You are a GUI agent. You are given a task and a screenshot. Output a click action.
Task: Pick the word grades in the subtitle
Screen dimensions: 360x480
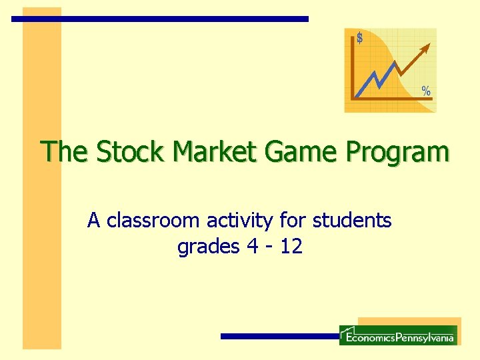click(x=208, y=247)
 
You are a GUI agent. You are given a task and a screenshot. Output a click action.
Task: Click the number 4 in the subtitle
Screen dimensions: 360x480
click(x=252, y=247)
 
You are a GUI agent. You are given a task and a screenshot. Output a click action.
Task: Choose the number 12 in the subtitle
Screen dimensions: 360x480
click(x=291, y=247)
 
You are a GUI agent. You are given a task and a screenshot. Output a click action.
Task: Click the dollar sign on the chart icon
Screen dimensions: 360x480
click(x=360, y=39)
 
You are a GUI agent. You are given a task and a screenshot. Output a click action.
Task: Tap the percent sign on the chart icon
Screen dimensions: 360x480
click(x=425, y=91)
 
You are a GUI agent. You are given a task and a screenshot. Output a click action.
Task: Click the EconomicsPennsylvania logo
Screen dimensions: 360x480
click(x=398, y=335)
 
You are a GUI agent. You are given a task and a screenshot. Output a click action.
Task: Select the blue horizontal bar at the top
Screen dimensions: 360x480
click(x=160, y=19)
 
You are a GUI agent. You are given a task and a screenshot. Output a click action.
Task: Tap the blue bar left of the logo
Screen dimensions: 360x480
click(x=280, y=337)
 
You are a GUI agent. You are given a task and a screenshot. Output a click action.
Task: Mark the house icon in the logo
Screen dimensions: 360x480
click(x=346, y=331)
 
